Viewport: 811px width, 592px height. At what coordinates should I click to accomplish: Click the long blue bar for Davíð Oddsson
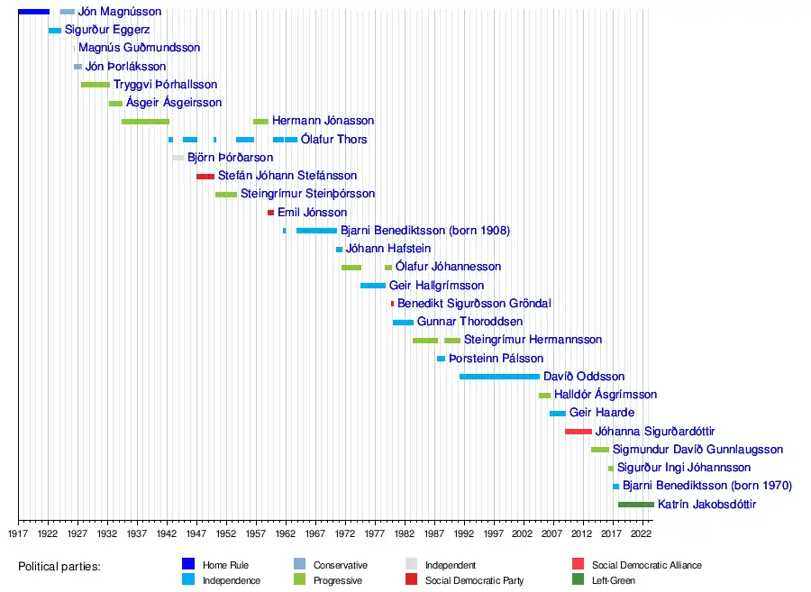coord(499,377)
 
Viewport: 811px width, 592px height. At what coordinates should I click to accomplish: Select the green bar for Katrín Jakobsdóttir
coord(635,505)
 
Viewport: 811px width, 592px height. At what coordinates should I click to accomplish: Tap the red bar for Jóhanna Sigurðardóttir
coord(578,432)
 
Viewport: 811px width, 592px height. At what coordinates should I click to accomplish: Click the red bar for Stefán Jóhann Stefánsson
coord(205,176)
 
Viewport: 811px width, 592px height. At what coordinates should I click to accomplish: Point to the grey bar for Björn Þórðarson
coord(178,158)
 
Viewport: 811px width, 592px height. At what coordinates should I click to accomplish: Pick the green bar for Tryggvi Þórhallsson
coord(96,85)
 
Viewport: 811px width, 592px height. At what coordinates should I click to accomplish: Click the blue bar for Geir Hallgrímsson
coord(373,286)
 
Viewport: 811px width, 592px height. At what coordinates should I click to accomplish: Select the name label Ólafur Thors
coord(333,140)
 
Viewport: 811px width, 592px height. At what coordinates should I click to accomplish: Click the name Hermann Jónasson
coord(323,121)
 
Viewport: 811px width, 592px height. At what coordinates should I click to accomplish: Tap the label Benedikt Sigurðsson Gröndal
coord(474,304)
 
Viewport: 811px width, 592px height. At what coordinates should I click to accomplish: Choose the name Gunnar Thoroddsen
coord(469,322)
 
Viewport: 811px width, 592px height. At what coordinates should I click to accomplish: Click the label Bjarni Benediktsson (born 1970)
coord(707,486)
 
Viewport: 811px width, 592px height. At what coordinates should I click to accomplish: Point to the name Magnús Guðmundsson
coord(140,48)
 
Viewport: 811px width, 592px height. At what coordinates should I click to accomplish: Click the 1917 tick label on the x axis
coord(18,533)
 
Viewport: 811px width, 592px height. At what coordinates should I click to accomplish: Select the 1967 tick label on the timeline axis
coord(314,533)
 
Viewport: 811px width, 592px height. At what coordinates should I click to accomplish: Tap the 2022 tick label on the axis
coord(641,533)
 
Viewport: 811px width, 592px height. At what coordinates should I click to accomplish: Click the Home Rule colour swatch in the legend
coord(188,565)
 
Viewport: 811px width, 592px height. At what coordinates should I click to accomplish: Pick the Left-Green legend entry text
coord(614,581)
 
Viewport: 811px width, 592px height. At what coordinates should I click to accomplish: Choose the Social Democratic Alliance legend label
coord(646,566)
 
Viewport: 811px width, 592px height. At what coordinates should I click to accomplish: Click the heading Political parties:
coord(59,567)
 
